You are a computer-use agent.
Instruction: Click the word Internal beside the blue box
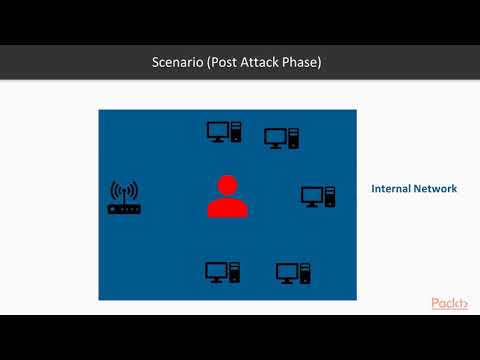click(392, 188)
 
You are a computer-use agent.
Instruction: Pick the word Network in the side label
click(436, 188)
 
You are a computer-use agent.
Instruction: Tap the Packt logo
click(449, 303)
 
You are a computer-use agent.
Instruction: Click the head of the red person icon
click(227, 185)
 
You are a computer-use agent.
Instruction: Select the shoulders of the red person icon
click(227, 207)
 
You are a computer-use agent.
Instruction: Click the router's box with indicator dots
click(125, 208)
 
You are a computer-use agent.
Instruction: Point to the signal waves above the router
click(125, 190)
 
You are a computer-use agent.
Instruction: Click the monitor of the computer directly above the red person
click(218, 130)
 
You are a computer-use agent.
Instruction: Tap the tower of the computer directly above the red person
click(236, 131)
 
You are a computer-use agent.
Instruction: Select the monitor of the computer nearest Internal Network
click(311, 195)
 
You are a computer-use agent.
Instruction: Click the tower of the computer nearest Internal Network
click(329, 196)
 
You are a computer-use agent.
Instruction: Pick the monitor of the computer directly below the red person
click(216, 270)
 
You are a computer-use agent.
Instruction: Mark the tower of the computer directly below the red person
click(234, 271)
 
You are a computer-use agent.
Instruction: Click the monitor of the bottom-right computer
click(287, 271)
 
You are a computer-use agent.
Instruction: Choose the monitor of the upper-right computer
click(275, 137)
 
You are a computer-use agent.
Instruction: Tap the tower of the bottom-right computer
click(305, 272)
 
